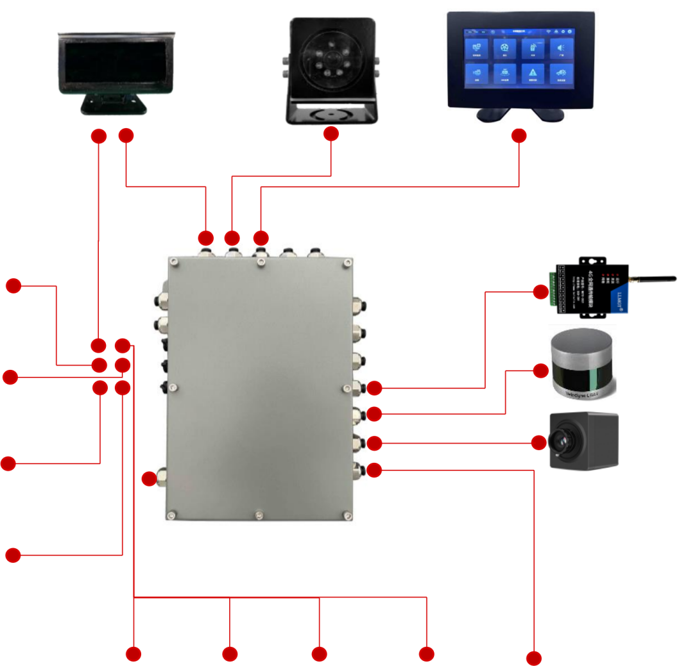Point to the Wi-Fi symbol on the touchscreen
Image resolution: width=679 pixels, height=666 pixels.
(549, 30)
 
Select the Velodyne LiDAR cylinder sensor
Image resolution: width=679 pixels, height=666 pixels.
(583, 362)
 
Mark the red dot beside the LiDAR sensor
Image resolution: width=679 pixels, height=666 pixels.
(541, 370)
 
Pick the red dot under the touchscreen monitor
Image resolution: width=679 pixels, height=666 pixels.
(519, 136)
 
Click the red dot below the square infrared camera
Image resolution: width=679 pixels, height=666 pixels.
(331, 133)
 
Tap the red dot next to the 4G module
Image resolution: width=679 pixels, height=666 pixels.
(540, 292)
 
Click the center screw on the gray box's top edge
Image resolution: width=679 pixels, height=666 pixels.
(259, 262)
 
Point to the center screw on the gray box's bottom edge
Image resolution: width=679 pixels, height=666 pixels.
(258, 514)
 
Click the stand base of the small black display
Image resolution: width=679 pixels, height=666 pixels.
(113, 106)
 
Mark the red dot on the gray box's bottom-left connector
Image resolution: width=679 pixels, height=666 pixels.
(149, 478)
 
